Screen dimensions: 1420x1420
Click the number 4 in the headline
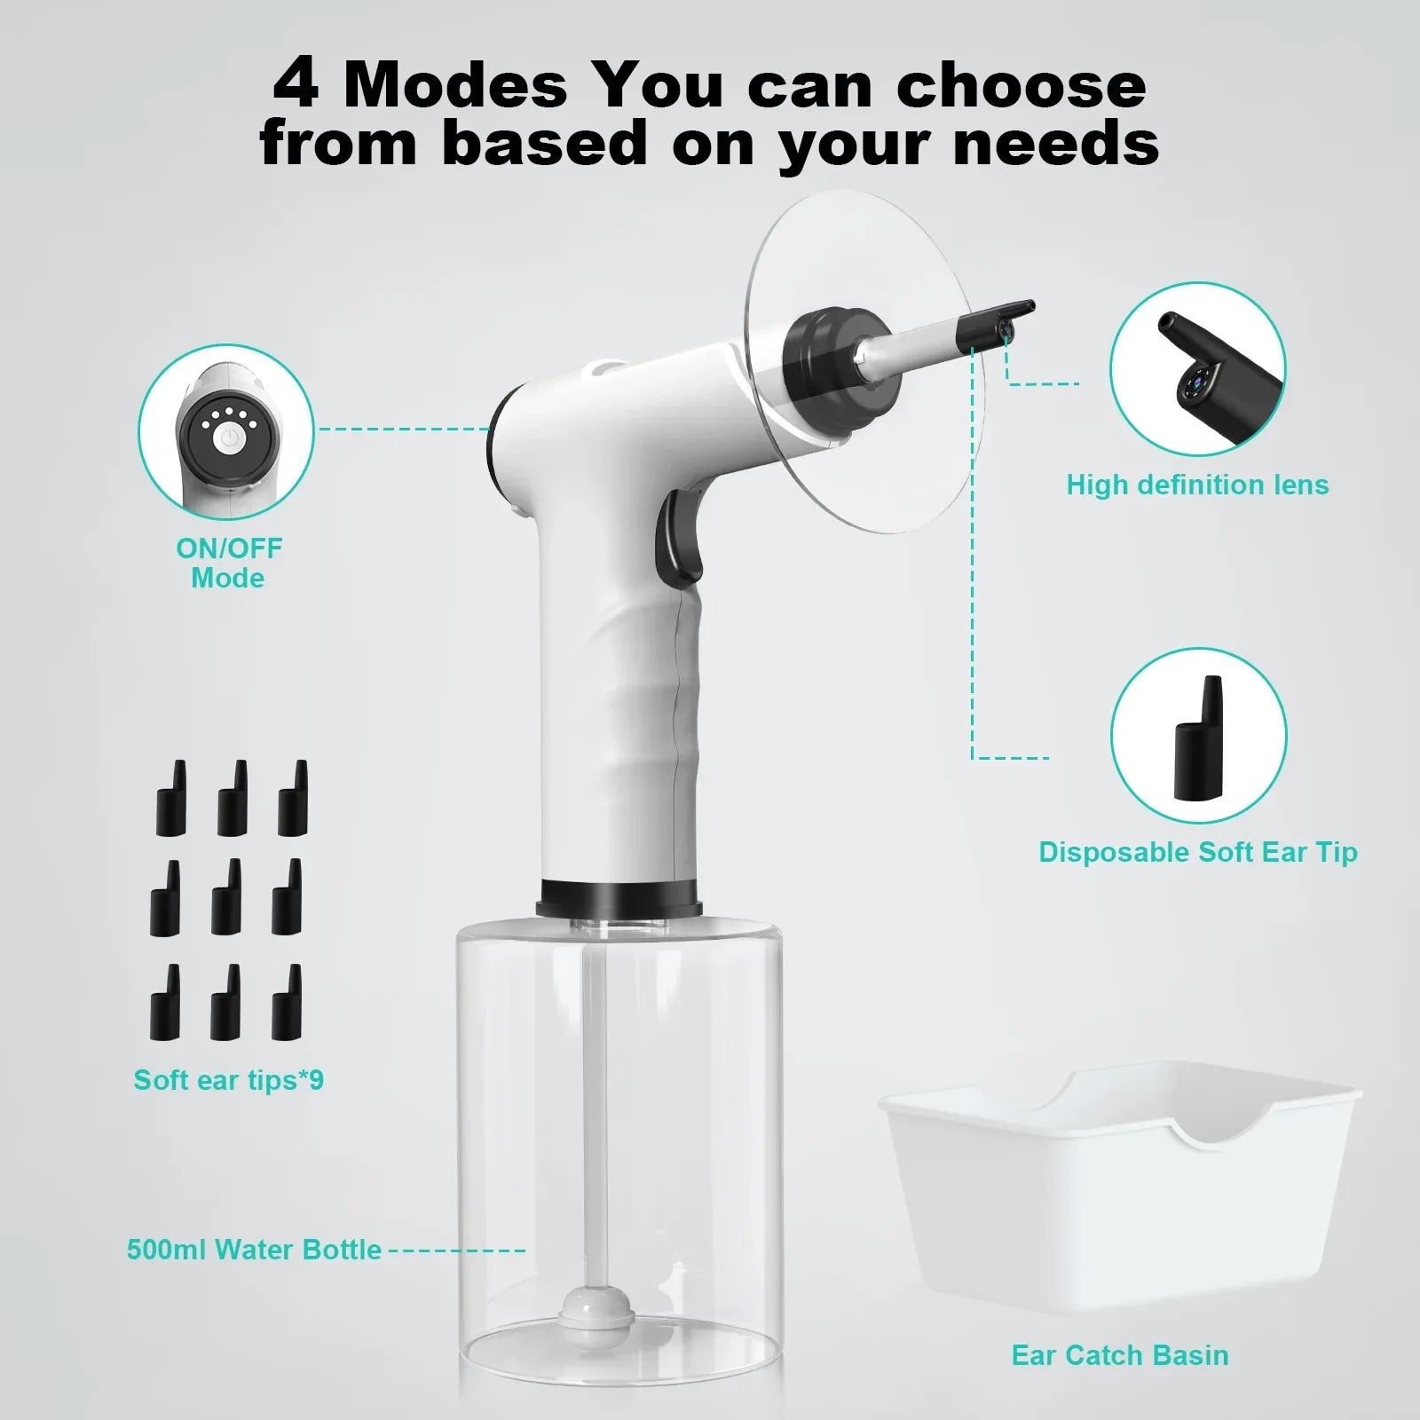(x=296, y=85)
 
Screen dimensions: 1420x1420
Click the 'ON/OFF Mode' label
(x=229, y=563)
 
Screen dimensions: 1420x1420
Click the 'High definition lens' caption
(x=1197, y=485)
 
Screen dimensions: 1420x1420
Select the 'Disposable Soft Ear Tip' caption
(x=1197, y=852)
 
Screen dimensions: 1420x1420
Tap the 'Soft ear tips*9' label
(x=229, y=1080)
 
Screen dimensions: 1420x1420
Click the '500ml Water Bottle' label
(x=254, y=1250)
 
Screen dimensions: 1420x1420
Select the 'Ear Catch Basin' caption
(x=1120, y=1355)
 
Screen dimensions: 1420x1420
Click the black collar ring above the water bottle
(x=619, y=897)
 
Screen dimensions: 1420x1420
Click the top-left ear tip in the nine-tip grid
(x=172, y=799)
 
